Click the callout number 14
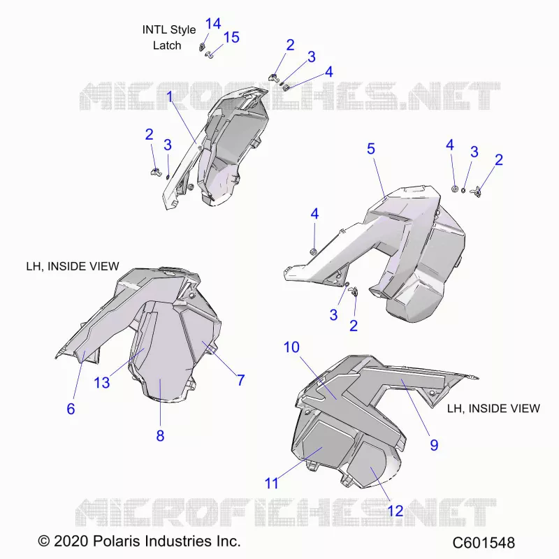pyautogui.click(x=213, y=24)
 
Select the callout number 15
pyautogui.click(x=231, y=37)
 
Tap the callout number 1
pyautogui.click(x=169, y=96)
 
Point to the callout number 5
pyautogui.click(x=371, y=149)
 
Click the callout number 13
pyautogui.click(x=101, y=382)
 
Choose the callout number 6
pyautogui.click(x=71, y=409)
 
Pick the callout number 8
pyautogui.click(x=160, y=435)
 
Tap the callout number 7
pyautogui.click(x=240, y=380)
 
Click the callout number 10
pyautogui.click(x=291, y=347)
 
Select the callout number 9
pyautogui.click(x=434, y=444)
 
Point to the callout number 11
pyautogui.click(x=271, y=484)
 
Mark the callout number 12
pyautogui.click(x=395, y=511)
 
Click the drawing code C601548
pyautogui.click(x=484, y=543)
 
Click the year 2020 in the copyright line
pyautogui.click(x=71, y=541)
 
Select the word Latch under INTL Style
pyautogui.click(x=167, y=45)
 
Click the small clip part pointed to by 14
pyautogui.click(x=202, y=46)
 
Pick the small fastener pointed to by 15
pyautogui.click(x=209, y=55)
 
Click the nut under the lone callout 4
pyautogui.click(x=313, y=251)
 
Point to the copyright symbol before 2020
pyautogui.click(x=43, y=541)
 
